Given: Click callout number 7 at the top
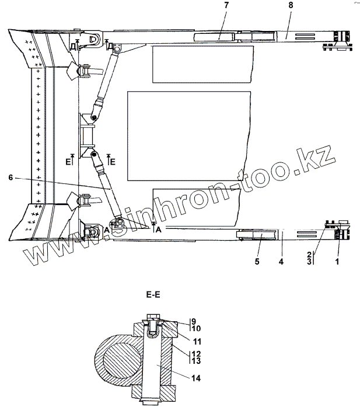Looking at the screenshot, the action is point(226,5).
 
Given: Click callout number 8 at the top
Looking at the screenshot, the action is point(291,5).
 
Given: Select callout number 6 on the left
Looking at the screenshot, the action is point(11,178).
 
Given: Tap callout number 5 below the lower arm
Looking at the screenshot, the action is point(257,262).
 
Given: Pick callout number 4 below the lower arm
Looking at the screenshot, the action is point(281,262).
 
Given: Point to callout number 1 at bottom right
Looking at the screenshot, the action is point(337,262).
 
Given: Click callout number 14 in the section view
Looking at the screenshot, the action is point(196,378).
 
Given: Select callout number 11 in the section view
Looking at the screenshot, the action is point(197,342).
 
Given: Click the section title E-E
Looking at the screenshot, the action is point(153,295).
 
